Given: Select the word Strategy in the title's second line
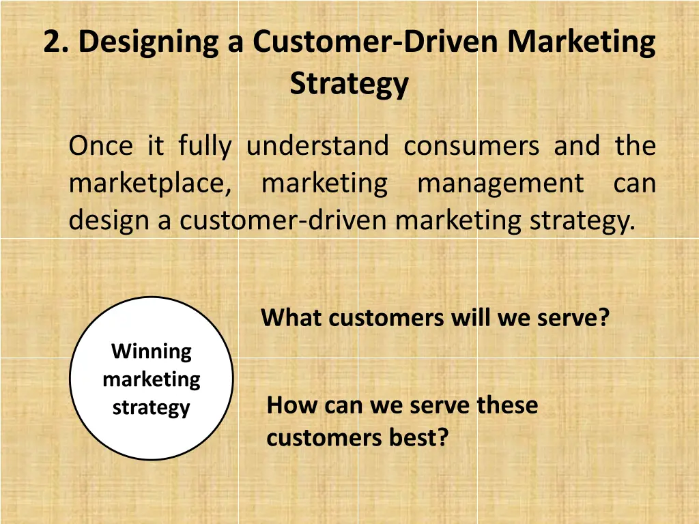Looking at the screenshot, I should (x=349, y=84).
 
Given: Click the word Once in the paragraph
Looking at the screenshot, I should (x=100, y=146).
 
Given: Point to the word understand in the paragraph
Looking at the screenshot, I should (x=317, y=146).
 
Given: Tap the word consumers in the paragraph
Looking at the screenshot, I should (x=471, y=146).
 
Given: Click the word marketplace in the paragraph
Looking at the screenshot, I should (x=150, y=184).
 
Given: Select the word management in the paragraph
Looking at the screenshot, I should (x=500, y=184).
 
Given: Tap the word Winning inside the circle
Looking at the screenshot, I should (x=152, y=351).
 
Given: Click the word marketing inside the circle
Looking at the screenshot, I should (x=152, y=379).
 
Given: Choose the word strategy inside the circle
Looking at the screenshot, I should (x=151, y=408).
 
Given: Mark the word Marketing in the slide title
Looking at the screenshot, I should (x=582, y=42).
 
